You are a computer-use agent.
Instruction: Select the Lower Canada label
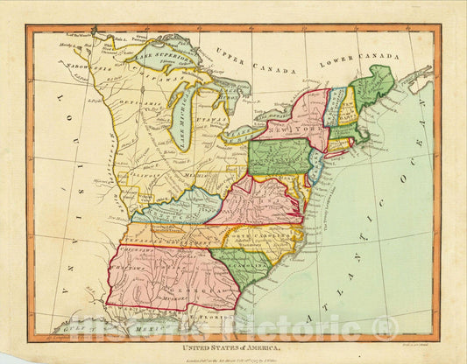point(343,63)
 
